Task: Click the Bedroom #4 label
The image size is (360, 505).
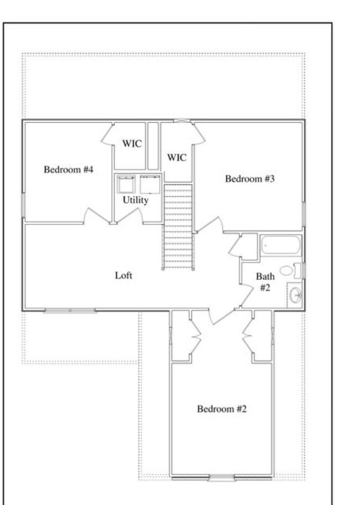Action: tap(69, 169)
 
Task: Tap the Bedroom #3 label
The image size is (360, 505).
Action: tap(250, 179)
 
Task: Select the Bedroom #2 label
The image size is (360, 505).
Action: tap(222, 409)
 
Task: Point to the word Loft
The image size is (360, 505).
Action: tap(124, 275)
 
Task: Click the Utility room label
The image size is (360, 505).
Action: tap(136, 200)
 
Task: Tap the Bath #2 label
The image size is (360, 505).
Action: tap(265, 282)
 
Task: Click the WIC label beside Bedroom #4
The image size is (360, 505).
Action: tap(132, 143)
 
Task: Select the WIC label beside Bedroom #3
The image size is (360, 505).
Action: tap(177, 158)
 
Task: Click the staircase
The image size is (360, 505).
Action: tap(178, 226)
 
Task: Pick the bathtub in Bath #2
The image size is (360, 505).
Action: tap(280, 245)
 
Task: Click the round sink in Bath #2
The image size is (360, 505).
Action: tap(295, 295)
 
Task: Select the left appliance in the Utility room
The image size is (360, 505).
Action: tap(126, 184)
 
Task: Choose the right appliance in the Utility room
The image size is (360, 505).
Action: tap(150, 184)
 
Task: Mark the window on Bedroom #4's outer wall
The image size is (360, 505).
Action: tap(23, 205)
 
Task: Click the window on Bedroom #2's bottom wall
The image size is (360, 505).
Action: tap(221, 478)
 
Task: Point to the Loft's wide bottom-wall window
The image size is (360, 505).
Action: tap(70, 311)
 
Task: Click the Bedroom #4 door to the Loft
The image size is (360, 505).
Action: tap(96, 216)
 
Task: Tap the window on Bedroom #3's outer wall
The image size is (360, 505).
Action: tap(304, 214)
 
